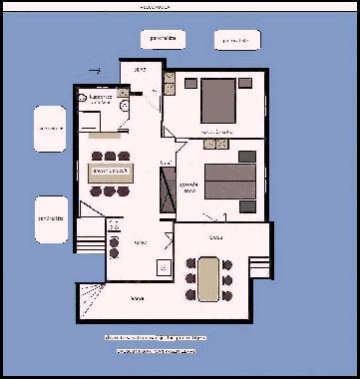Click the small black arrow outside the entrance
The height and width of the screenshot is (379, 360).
[x=96, y=71]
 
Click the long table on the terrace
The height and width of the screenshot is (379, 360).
[x=207, y=278]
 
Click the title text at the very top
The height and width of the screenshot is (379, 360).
[x=156, y=4]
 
